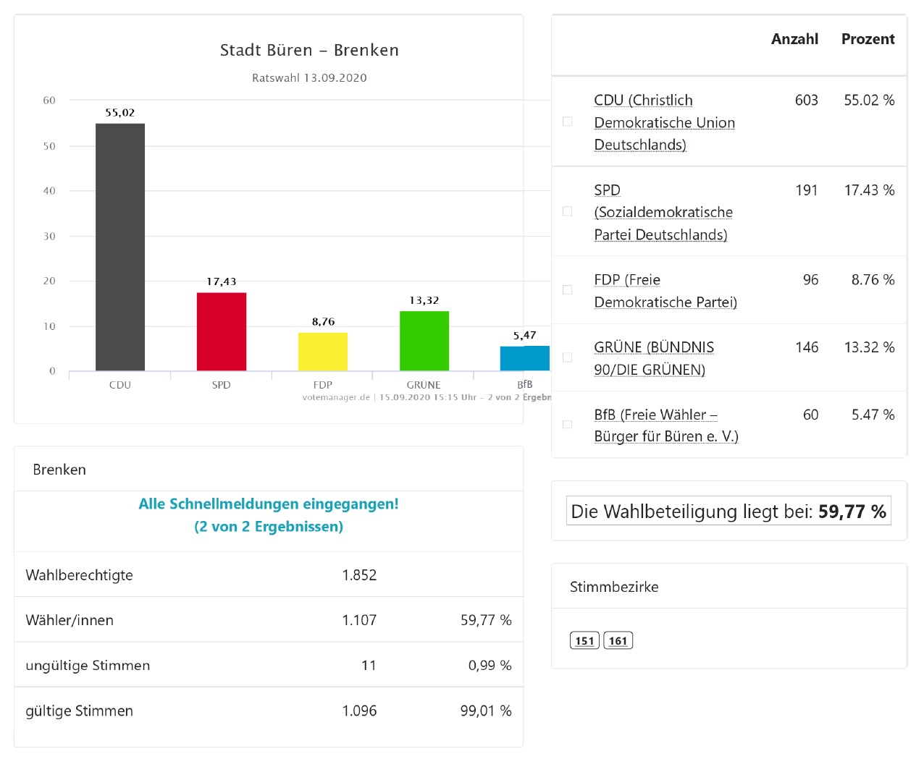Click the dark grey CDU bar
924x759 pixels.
tap(120, 247)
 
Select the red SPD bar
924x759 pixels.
tap(222, 331)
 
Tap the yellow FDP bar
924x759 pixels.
tap(323, 352)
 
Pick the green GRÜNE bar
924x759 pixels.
tap(424, 341)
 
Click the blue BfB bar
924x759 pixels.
tap(524, 358)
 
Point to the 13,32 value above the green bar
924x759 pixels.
tap(424, 300)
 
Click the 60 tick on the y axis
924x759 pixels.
tap(49, 101)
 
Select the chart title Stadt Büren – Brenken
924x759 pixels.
tap(309, 50)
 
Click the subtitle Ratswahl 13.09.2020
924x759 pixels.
tap(309, 78)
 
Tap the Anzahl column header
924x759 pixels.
tap(794, 39)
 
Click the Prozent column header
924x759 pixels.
tap(868, 39)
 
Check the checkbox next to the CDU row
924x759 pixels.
tap(568, 122)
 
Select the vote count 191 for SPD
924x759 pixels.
tap(806, 190)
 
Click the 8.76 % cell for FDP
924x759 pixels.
tap(873, 280)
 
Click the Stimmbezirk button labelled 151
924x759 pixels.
tap(584, 641)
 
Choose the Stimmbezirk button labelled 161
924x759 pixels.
tap(618, 641)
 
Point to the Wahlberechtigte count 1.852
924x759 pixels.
tap(359, 575)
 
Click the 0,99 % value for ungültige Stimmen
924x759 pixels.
tap(490, 666)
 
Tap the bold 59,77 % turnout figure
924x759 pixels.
tap(852, 512)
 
